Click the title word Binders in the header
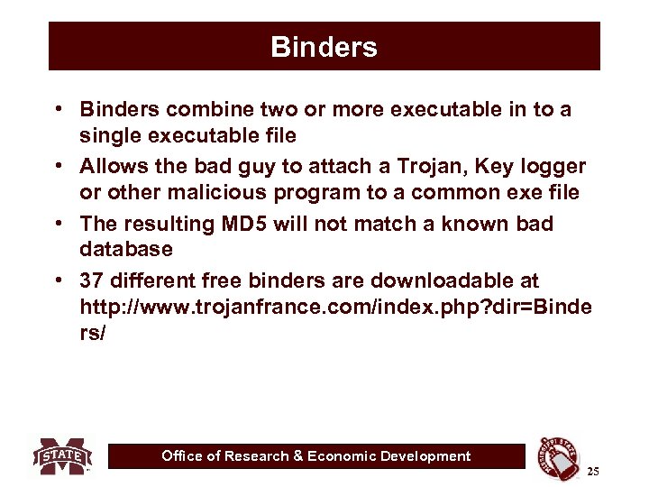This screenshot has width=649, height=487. (324, 47)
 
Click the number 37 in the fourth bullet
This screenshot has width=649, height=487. (92, 281)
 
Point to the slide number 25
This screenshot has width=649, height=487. (592, 471)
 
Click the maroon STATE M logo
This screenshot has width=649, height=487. (63, 455)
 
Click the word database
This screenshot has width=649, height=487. (125, 248)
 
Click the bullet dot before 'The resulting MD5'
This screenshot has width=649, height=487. (57, 224)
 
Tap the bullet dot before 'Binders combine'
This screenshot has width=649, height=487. (57, 110)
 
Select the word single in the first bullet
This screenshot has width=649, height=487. (110, 134)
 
